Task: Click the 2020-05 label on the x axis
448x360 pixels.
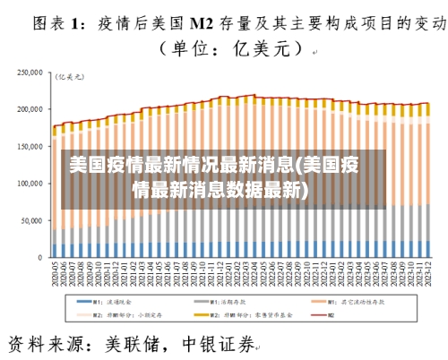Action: [x=54, y=272]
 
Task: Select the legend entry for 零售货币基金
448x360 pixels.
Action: [x=246, y=315]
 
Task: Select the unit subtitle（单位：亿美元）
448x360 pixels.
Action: [x=223, y=51]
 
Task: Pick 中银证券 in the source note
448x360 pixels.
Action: [x=219, y=343]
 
